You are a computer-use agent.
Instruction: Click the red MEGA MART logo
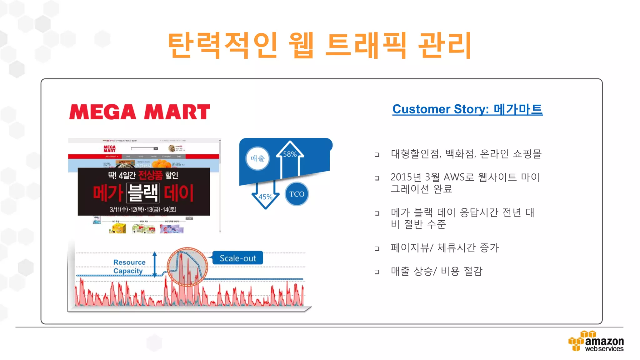pos(139,112)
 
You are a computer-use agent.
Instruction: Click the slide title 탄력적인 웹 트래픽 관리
pos(319,45)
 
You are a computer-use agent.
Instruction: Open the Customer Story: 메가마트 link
pos(467,109)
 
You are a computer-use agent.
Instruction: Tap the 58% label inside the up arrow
pos(290,154)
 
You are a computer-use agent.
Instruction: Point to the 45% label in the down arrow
pos(265,197)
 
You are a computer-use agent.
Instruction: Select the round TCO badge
pos(297,194)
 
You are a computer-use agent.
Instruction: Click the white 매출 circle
pos(257,158)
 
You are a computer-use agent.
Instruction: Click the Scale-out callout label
pos(238,258)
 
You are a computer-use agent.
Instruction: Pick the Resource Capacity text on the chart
pos(129,267)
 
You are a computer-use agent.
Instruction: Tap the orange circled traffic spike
pos(187,267)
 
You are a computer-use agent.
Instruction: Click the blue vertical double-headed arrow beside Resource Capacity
pos(154,264)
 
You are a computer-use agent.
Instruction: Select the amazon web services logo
pos(596,342)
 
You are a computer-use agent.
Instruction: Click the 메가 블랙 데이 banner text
pos(143,193)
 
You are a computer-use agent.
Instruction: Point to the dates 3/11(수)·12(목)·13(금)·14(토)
pos(143,209)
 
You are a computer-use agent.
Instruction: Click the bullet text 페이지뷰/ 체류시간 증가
pos(444,248)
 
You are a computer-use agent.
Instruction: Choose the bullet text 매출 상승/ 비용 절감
pos(436,271)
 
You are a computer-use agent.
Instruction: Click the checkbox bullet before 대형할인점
pos(377,155)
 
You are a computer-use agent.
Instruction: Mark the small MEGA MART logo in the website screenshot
pos(109,149)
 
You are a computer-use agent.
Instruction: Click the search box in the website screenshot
pos(142,149)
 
